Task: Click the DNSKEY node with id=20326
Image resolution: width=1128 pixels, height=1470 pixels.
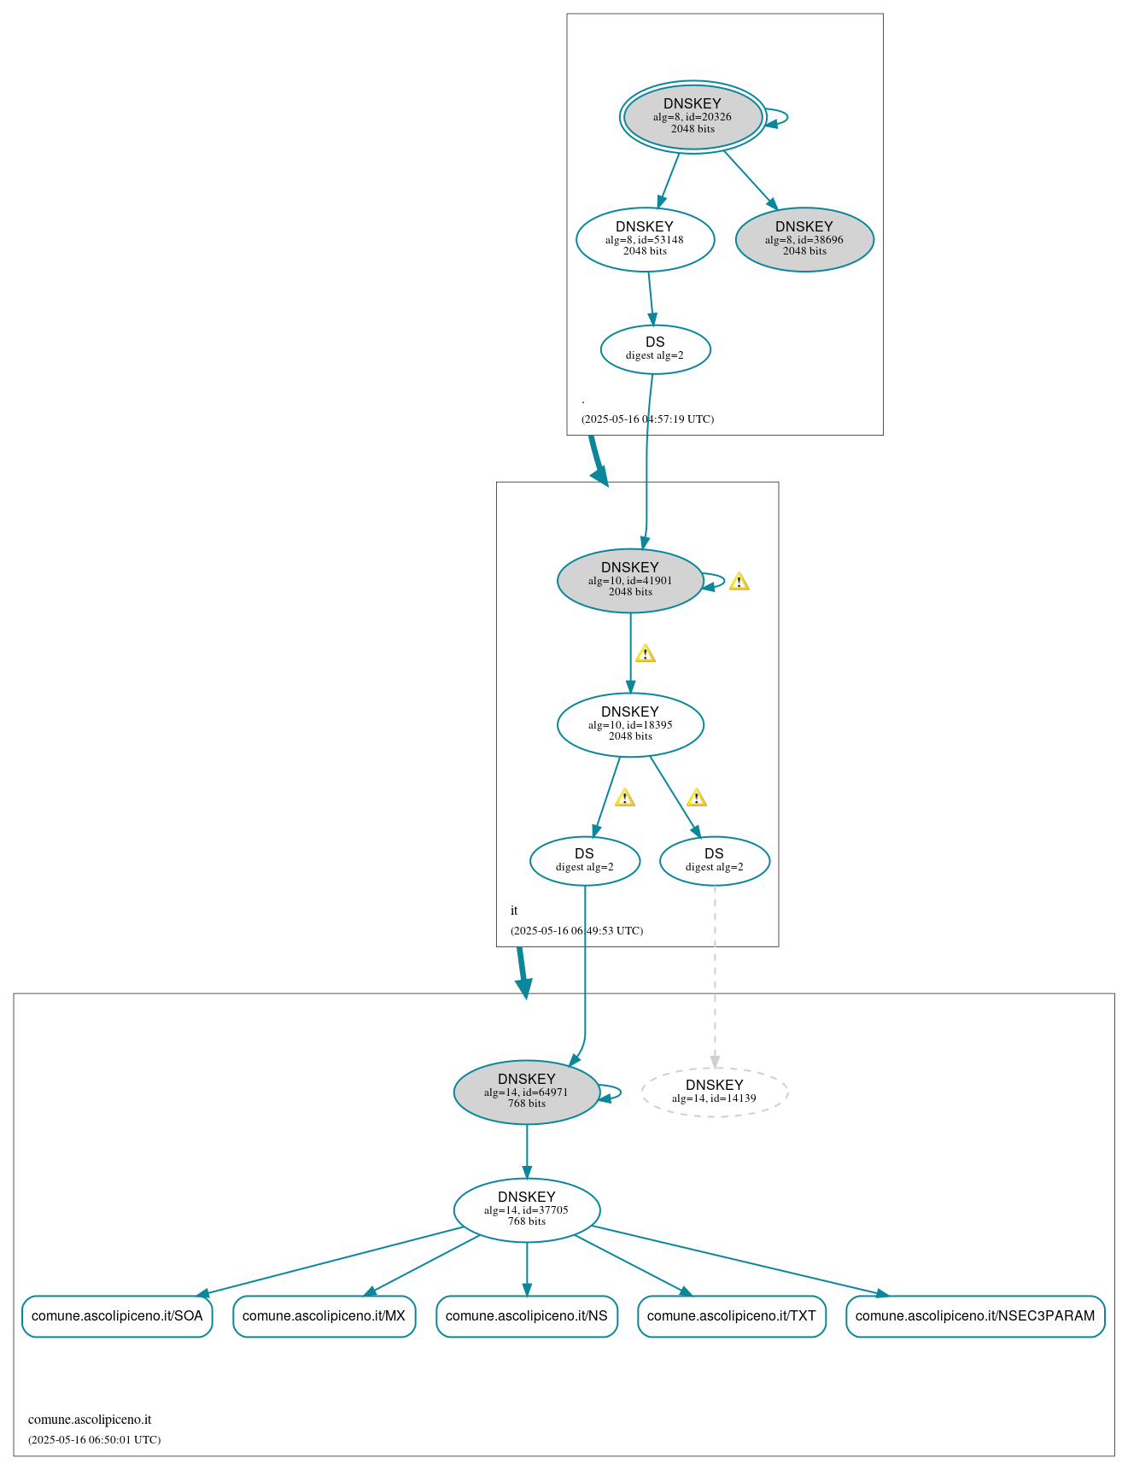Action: click(x=693, y=117)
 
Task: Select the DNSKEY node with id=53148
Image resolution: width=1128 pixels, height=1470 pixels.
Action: click(x=645, y=240)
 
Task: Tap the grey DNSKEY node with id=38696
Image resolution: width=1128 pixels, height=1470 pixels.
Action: click(x=804, y=240)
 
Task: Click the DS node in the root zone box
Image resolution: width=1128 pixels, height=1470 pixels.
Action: click(x=655, y=349)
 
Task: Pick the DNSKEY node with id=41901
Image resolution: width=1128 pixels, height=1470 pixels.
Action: click(x=630, y=581)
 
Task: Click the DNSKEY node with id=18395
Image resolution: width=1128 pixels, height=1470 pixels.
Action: click(x=630, y=724)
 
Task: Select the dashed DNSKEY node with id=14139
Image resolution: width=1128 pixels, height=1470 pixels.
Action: click(x=714, y=1092)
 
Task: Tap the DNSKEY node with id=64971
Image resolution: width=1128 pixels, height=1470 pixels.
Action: click(x=526, y=1092)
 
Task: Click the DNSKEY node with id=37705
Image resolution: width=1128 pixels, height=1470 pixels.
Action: click(x=526, y=1209)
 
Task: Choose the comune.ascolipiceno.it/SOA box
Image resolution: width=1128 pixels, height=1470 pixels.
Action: click(x=117, y=1315)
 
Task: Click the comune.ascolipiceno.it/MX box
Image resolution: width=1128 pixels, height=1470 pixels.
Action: click(x=324, y=1315)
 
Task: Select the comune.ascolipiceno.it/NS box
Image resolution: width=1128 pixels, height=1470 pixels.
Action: click(x=526, y=1315)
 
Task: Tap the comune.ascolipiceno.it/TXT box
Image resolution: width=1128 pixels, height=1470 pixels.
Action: click(x=731, y=1315)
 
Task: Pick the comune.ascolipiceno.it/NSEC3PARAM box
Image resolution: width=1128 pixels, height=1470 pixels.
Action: click(x=974, y=1315)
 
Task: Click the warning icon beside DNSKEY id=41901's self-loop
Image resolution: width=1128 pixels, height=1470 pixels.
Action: click(x=739, y=582)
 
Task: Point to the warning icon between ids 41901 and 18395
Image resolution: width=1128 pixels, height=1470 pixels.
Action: click(x=645, y=654)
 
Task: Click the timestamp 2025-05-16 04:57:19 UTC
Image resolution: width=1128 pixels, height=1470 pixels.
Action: click(x=647, y=419)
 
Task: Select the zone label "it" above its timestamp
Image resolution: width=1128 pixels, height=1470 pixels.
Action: click(x=514, y=911)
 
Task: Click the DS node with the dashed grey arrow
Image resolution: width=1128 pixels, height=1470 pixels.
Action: click(x=714, y=861)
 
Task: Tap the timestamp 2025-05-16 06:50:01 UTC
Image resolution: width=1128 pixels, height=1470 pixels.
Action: click(x=94, y=1439)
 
